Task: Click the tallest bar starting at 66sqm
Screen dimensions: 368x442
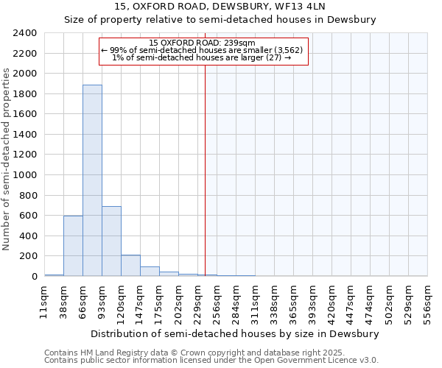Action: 92,180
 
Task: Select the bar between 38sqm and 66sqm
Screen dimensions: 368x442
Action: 73,246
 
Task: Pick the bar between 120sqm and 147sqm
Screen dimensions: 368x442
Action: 130,266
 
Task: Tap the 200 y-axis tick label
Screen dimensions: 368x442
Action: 30,256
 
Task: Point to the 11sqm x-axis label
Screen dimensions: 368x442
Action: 44,302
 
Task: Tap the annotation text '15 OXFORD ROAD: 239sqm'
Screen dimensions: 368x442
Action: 201,43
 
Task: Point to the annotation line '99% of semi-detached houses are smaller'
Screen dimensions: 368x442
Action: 201,50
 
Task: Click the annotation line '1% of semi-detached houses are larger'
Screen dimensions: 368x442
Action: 201,57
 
